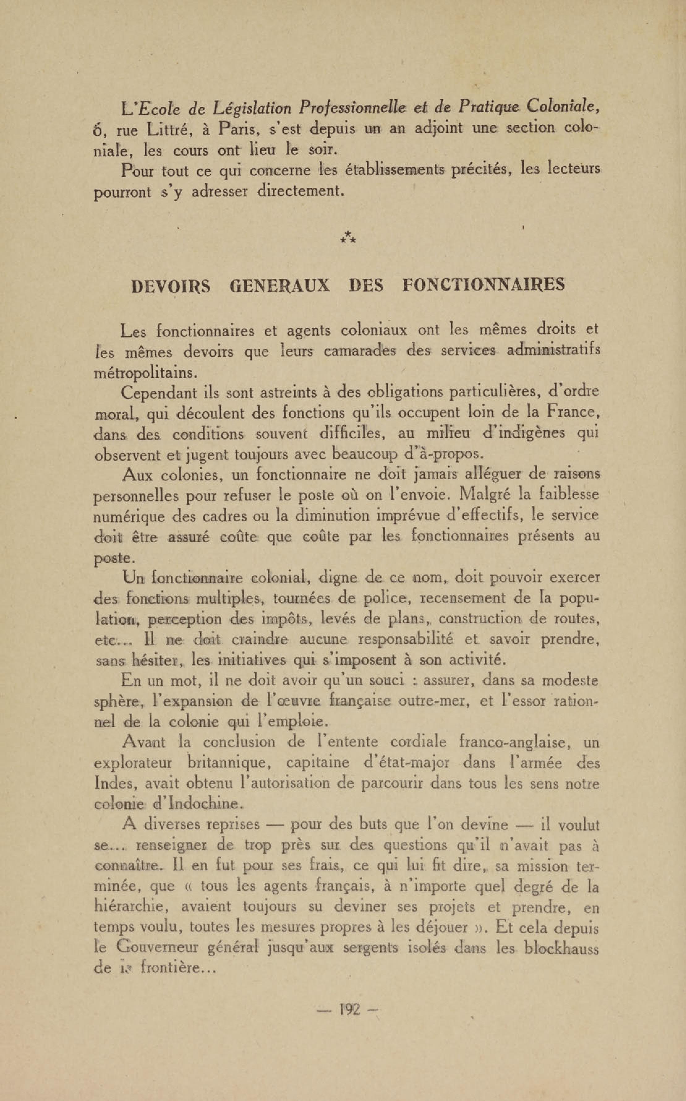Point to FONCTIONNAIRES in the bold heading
point(484,285)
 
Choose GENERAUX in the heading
point(280,286)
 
